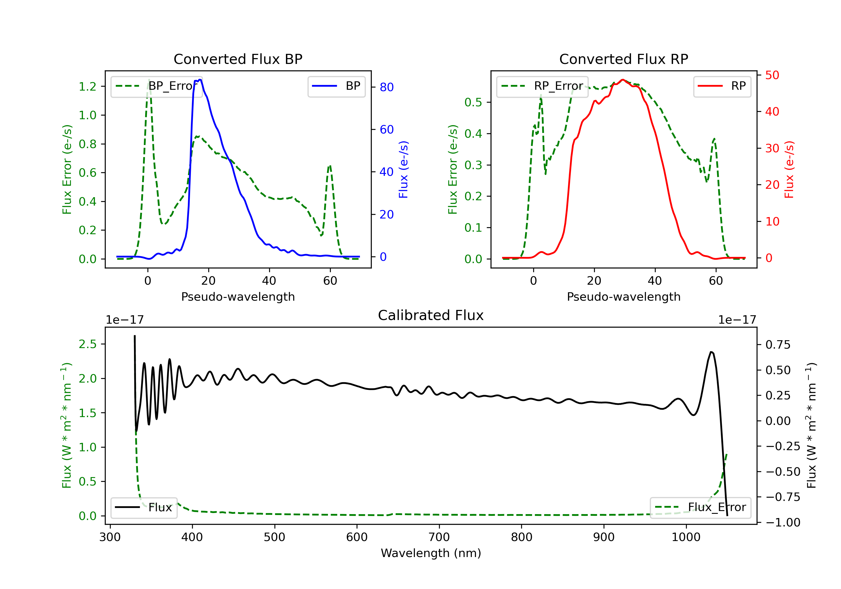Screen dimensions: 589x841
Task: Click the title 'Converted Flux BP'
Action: tap(238, 59)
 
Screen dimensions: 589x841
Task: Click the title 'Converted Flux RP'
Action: tap(623, 59)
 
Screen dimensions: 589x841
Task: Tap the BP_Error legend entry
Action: tap(157, 86)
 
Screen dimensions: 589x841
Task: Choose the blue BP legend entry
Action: tap(336, 86)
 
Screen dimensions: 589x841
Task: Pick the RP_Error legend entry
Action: tap(542, 86)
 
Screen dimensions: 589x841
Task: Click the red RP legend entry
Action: tap(722, 86)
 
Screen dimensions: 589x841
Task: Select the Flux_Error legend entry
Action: tap(700, 507)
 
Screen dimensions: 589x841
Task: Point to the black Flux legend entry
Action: tap(144, 507)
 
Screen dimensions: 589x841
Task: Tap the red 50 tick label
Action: tap(772, 75)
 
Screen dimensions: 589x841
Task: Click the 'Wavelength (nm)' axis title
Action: tap(431, 553)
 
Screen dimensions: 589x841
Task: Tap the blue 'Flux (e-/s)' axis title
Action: tap(403, 170)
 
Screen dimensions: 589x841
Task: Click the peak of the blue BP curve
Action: tap(200, 80)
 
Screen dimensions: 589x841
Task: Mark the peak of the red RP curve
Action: tap(623, 80)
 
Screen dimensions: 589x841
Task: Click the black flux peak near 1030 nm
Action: tap(711, 352)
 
